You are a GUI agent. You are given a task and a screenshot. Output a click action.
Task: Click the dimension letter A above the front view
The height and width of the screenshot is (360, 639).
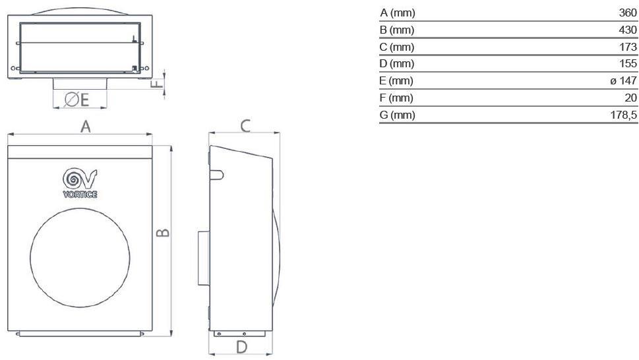85,127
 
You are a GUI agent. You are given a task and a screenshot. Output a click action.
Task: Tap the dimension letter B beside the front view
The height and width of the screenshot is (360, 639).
164,232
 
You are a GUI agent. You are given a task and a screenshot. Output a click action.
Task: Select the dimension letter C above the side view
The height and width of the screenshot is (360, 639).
245,125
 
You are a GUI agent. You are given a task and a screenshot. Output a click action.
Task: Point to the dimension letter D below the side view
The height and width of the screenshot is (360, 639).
241,347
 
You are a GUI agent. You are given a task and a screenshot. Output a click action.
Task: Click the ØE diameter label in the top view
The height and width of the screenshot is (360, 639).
76,100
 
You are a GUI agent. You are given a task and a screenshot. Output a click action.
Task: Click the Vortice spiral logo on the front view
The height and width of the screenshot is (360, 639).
80,179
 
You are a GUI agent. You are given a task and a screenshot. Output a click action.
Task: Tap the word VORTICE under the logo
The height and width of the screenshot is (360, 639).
80,194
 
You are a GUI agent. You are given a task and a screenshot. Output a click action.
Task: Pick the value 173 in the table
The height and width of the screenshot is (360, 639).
628,47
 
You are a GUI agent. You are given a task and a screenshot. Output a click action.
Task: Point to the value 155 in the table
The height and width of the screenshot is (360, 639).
628,64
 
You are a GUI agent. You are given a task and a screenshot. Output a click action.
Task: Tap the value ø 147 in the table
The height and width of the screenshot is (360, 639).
623,81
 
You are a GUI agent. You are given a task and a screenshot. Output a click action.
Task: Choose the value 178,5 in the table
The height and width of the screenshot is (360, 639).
624,115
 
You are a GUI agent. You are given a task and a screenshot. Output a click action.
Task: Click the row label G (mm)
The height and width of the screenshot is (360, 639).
398,115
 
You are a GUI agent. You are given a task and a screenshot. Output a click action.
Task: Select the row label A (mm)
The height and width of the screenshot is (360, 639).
398,13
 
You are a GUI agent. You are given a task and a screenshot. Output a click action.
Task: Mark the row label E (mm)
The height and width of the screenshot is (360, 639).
398,81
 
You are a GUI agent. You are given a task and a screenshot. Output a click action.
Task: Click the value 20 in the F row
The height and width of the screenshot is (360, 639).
631,98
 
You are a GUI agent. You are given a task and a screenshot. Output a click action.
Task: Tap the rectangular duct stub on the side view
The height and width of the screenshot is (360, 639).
202,258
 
